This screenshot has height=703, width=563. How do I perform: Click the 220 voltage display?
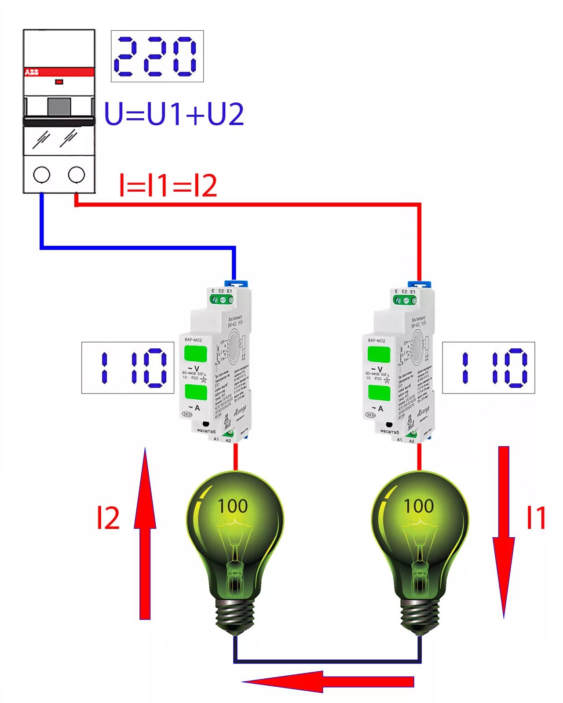click(157, 56)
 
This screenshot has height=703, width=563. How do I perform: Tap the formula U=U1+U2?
click(174, 114)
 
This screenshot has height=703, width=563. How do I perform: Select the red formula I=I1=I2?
click(168, 186)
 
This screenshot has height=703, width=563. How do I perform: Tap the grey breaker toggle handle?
click(59, 106)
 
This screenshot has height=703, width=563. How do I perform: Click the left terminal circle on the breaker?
click(42, 175)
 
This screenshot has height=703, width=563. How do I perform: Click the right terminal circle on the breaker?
click(77, 175)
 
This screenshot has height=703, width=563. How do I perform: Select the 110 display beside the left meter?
click(128, 368)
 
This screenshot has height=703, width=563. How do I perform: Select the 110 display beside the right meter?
click(488, 368)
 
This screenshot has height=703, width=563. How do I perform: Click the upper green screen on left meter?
click(195, 354)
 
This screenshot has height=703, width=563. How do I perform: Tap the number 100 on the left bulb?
click(233, 506)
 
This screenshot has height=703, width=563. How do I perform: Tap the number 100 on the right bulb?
click(419, 506)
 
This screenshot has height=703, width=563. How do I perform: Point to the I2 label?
click(108, 518)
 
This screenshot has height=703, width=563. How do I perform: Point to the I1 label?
click(536, 518)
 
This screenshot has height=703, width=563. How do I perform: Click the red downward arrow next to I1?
click(504, 532)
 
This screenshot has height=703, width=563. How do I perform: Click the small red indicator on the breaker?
click(59, 82)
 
